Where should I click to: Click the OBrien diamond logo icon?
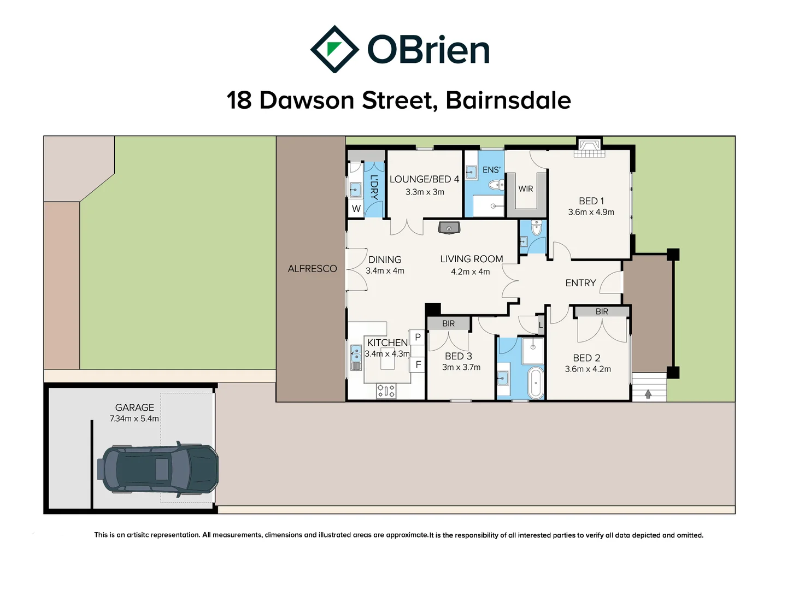point(334,49)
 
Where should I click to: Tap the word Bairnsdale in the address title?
point(508,101)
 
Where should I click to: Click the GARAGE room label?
point(134,408)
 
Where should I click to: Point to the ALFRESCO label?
point(312,269)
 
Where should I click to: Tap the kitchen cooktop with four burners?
point(386,391)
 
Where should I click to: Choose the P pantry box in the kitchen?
point(418,337)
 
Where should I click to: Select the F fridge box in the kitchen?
point(418,364)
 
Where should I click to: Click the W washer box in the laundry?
point(356,208)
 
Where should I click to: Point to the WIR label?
point(526,189)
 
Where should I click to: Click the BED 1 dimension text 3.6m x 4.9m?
point(591,212)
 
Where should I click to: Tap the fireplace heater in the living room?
point(449,227)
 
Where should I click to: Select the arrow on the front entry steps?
point(648,393)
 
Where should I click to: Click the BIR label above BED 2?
point(602,311)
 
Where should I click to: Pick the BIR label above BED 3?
point(448,323)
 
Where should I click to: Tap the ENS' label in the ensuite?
point(491,170)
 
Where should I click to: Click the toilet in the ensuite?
point(497,185)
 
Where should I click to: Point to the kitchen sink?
point(356,357)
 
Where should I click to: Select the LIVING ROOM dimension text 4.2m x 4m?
point(470,272)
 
